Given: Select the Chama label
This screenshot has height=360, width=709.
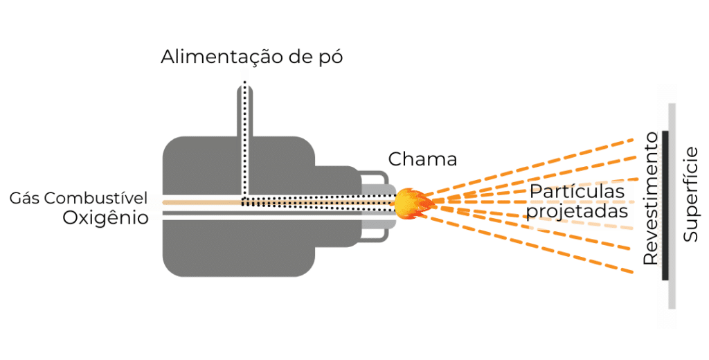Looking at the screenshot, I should click(422, 159).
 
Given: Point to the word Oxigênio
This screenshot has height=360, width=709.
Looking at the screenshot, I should click(105, 218).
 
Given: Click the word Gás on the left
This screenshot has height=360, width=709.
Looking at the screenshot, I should click(26, 199).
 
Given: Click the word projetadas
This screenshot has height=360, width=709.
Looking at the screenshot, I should click(576, 211).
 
